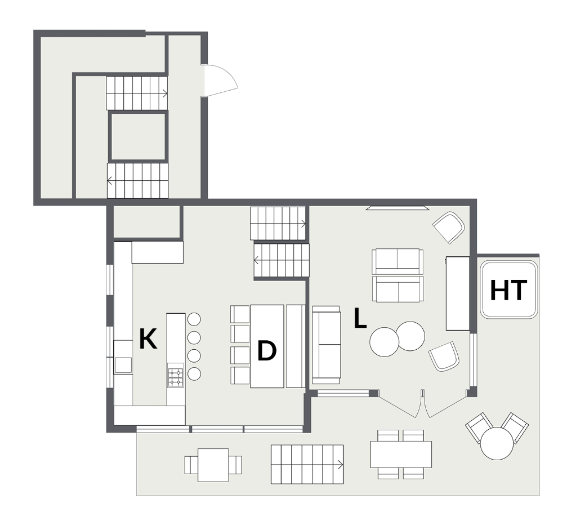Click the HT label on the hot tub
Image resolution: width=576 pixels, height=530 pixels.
click(508, 291)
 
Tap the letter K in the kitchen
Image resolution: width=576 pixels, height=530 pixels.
click(148, 340)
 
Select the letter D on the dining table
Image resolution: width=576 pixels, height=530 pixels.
click(266, 351)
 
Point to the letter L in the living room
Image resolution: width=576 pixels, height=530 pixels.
click(360, 319)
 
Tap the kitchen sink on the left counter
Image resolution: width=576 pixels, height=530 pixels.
click(123, 365)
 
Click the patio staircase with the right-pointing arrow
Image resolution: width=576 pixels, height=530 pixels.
click(307, 464)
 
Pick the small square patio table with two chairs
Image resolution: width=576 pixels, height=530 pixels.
click(213, 465)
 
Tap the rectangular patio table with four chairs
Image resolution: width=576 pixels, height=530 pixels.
click(400, 454)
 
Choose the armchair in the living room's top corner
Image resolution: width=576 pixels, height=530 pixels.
click(449, 227)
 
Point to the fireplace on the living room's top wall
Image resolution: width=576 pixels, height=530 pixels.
click(395, 208)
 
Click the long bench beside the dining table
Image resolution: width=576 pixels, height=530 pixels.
click(295, 346)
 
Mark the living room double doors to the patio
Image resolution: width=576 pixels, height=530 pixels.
click(422, 404)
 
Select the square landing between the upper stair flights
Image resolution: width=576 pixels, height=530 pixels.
click(138, 136)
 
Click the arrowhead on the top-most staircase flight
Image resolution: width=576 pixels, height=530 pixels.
click(165, 93)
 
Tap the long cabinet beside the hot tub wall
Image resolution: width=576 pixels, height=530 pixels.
click(457, 293)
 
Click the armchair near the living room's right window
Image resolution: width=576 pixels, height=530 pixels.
click(444, 356)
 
